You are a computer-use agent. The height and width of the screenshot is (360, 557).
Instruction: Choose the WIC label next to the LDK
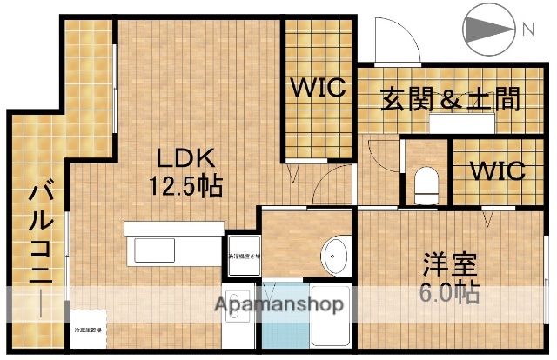pyautogui.click(x=319, y=89)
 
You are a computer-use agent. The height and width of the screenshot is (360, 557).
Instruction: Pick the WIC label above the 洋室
pyautogui.click(x=498, y=170)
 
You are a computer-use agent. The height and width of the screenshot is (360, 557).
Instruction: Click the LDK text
pyautogui.click(x=185, y=159)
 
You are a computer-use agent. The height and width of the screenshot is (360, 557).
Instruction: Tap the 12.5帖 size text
pyautogui.click(x=185, y=186)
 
